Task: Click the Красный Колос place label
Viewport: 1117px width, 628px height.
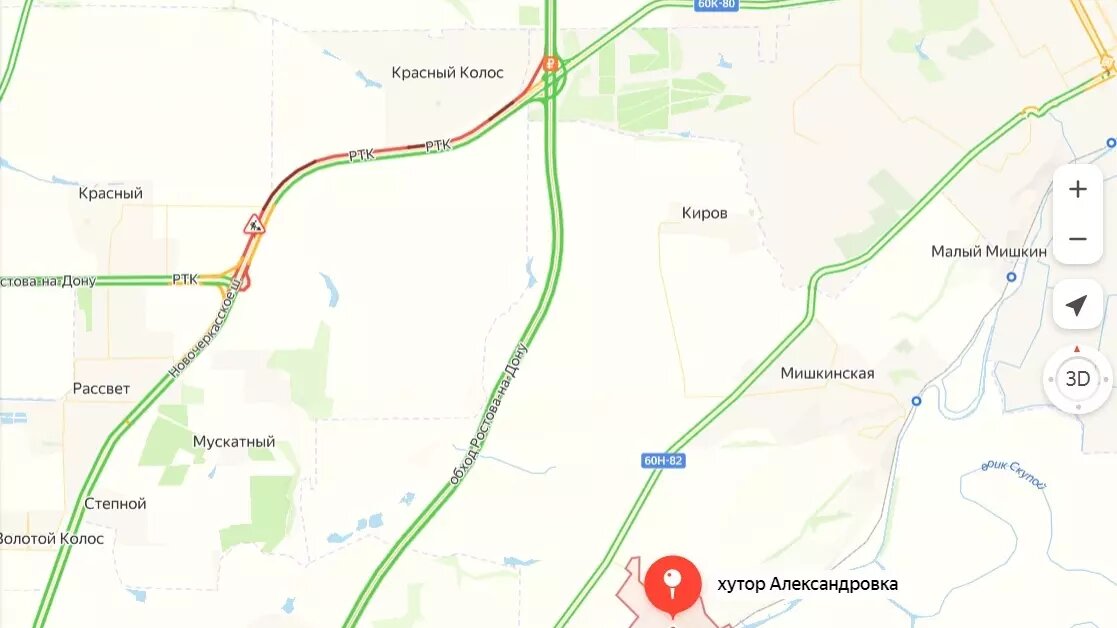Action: tap(447, 73)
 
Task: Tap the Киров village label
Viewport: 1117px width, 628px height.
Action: tap(704, 213)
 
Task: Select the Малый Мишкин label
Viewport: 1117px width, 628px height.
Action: tap(989, 251)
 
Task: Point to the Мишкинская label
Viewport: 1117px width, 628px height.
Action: tap(827, 374)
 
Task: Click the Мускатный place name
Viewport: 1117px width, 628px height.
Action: tap(234, 442)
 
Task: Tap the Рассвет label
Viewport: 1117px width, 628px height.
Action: tap(101, 388)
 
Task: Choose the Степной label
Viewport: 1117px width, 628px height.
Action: tap(115, 504)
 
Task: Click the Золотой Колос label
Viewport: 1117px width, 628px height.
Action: tap(50, 539)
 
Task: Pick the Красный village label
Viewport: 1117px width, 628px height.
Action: tap(110, 193)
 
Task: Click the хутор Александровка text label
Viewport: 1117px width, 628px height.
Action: tap(807, 584)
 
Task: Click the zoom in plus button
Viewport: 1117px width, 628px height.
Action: tap(1077, 190)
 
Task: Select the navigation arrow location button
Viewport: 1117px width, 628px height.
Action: tap(1077, 305)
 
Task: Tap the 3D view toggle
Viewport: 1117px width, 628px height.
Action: tap(1077, 379)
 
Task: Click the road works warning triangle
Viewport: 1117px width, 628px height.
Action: tap(254, 223)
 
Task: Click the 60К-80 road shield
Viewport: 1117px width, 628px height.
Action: tap(716, 4)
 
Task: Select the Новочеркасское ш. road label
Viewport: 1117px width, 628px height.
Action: tap(205, 329)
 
